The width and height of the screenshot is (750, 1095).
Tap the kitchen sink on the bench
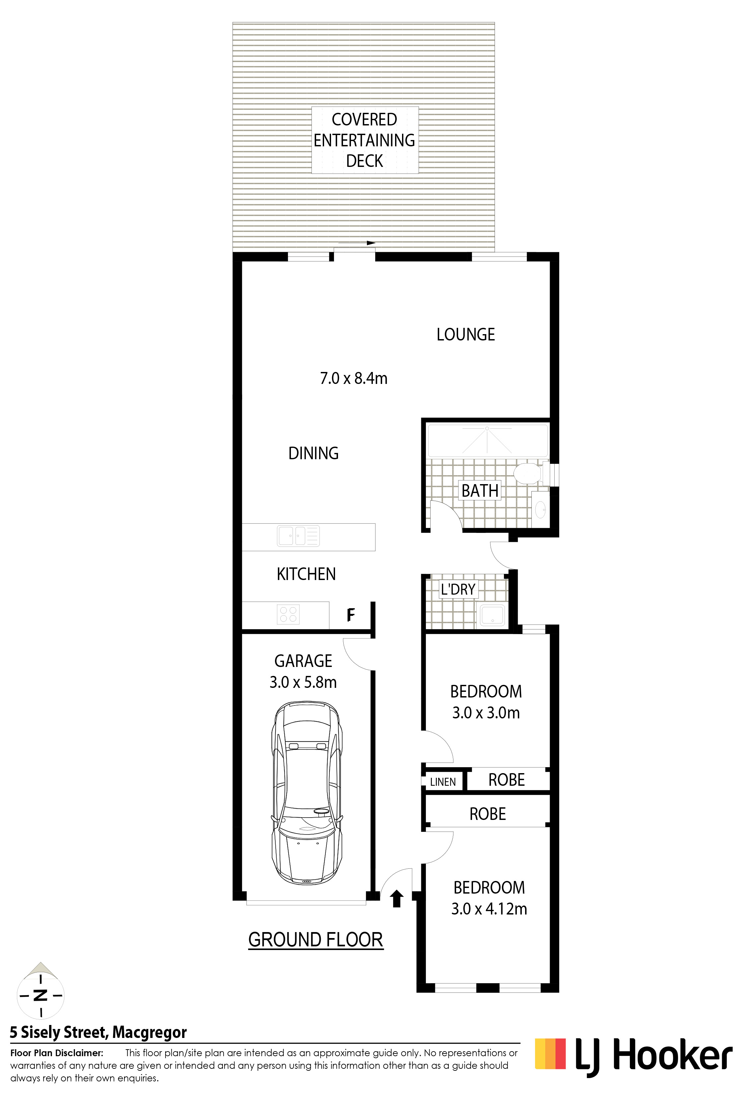pyautogui.click(x=298, y=536)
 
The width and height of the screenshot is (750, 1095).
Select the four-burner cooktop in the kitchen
pyautogui.click(x=288, y=615)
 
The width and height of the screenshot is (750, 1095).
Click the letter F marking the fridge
pyautogui.click(x=351, y=615)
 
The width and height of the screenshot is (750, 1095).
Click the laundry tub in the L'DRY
pyautogui.click(x=492, y=615)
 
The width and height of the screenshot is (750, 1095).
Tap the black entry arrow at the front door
pyautogui.click(x=397, y=899)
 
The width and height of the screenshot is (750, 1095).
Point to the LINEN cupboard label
pyautogui.click(x=443, y=782)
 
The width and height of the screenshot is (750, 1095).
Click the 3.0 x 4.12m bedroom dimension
pyautogui.click(x=489, y=909)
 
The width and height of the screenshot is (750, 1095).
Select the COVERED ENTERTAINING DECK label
pyautogui.click(x=365, y=140)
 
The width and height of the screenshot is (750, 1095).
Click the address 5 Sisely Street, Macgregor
pyautogui.click(x=99, y=1033)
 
